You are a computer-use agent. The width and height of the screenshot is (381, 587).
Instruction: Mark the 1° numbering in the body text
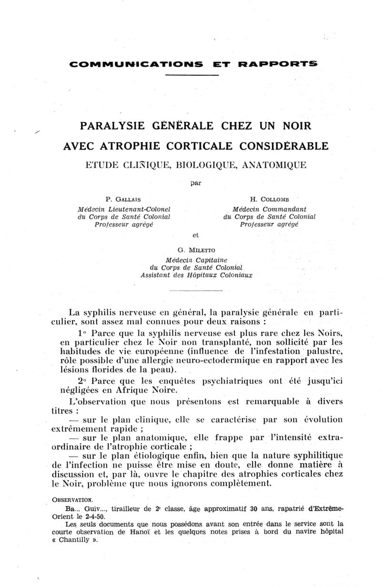click(x=81, y=332)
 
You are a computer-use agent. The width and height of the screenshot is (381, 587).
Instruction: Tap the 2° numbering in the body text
click(x=81, y=381)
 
